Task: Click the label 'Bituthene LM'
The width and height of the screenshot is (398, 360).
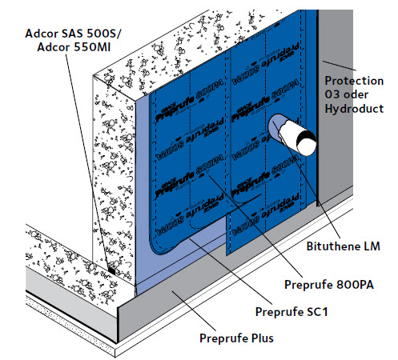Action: (x=350, y=248)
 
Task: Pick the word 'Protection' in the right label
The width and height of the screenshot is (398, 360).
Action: (x=357, y=81)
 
